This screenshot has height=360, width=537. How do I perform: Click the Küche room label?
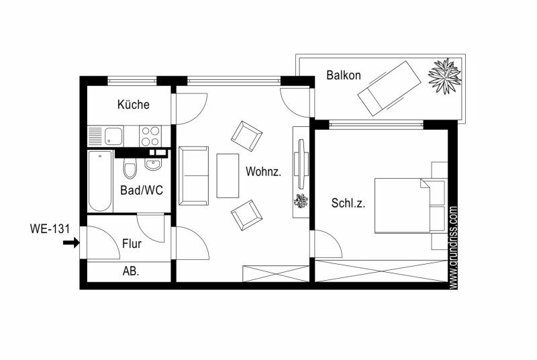(x=133, y=105)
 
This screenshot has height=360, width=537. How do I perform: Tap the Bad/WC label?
(x=142, y=191)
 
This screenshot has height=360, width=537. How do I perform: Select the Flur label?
(x=132, y=244)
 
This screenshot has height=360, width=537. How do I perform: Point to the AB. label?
(x=131, y=271)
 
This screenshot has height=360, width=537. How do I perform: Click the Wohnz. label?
(x=263, y=172)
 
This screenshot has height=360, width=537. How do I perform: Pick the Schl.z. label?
(x=348, y=203)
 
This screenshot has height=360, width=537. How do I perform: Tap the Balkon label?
(x=344, y=75)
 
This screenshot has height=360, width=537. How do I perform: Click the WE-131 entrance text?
(x=50, y=228)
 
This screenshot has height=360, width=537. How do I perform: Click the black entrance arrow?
(x=71, y=243)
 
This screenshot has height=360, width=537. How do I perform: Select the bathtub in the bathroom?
(x=100, y=181)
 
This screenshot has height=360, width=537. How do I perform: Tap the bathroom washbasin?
(x=153, y=164)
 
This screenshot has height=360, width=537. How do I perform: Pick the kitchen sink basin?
(x=113, y=136)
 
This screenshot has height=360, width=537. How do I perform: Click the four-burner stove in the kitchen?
(x=150, y=136)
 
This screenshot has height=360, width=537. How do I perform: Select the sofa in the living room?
(x=193, y=176)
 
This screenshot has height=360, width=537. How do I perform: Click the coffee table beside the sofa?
(x=228, y=176)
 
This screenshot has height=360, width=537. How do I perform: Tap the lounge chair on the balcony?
(x=389, y=89)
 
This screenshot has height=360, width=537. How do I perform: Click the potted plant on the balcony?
(x=444, y=76)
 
